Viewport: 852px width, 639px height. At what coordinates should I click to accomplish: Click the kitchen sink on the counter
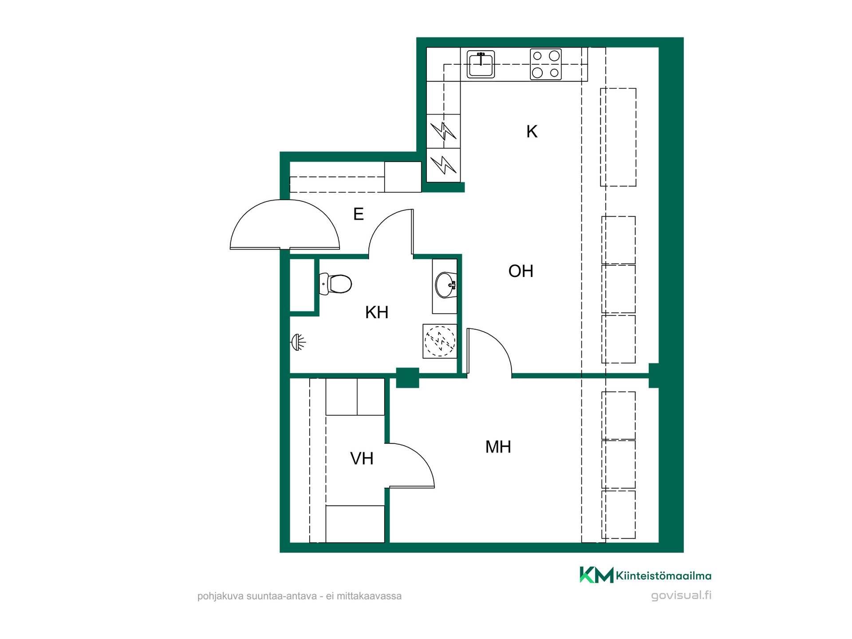pyautogui.click(x=481, y=64)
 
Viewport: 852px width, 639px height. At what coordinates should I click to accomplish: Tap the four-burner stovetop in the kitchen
pyautogui.click(x=546, y=64)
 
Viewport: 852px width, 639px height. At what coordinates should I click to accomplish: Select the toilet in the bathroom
pyautogui.click(x=335, y=284)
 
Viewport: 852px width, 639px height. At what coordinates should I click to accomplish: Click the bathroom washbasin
pyautogui.click(x=446, y=285)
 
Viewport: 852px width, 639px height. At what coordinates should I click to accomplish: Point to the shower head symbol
pyautogui.click(x=298, y=342)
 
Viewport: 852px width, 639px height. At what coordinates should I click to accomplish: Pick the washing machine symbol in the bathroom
pyautogui.click(x=440, y=341)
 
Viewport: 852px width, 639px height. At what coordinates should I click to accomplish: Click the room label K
pyautogui.click(x=532, y=132)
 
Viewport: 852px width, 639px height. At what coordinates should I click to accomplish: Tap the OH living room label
pyautogui.click(x=521, y=271)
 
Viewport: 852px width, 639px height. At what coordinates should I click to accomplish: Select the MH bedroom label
pyautogui.click(x=498, y=447)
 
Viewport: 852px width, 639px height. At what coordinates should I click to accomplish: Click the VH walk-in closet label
pyautogui.click(x=362, y=458)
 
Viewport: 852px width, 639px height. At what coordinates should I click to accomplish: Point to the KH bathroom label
pyautogui.click(x=377, y=312)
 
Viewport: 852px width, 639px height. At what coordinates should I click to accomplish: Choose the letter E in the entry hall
pyautogui.click(x=359, y=214)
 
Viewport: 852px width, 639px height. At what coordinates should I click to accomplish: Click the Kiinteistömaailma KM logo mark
pyautogui.click(x=596, y=575)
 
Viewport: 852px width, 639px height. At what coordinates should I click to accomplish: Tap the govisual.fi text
pyautogui.click(x=681, y=596)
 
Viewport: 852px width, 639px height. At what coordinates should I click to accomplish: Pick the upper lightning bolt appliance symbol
pyautogui.click(x=443, y=131)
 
